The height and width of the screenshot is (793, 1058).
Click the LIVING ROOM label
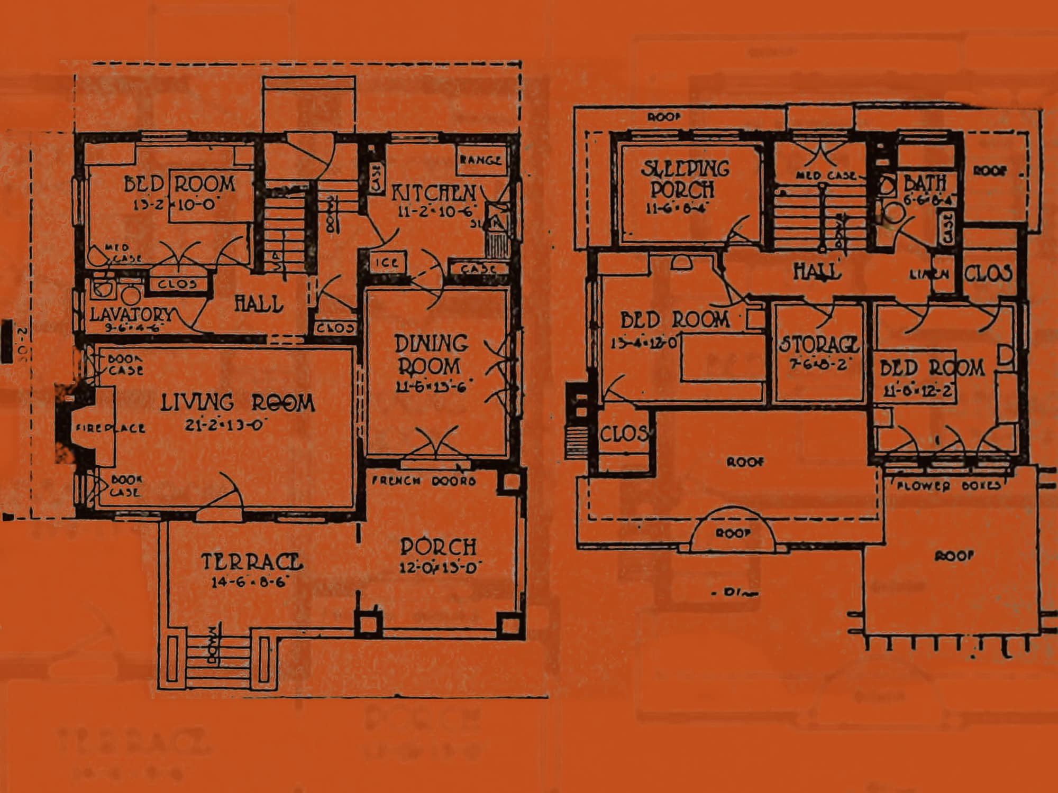(x=238, y=403)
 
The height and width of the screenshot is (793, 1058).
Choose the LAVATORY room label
(x=131, y=314)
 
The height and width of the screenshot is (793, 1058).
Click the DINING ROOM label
(x=431, y=355)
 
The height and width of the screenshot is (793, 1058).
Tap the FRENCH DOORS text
(x=424, y=481)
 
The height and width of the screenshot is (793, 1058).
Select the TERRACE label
(x=252, y=562)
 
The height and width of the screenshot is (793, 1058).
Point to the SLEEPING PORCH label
(x=684, y=179)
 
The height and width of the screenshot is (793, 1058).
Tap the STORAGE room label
(x=818, y=345)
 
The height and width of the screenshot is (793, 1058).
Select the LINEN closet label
(x=929, y=274)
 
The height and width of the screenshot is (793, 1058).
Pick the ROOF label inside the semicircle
(x=733, y=533)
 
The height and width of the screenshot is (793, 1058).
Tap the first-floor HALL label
(x=259, y=304)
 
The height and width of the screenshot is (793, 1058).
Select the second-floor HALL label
(x=817, y=272)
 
